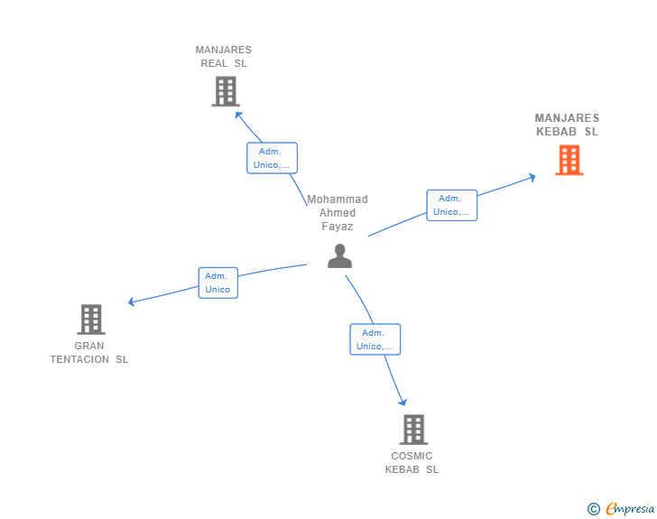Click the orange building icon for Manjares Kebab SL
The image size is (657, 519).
click(x=569, y=160)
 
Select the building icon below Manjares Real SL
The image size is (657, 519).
click(x=225, y=91)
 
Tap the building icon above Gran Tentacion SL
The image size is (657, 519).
click(x=90, y=320)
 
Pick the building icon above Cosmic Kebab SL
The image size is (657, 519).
click(x=412, y=430)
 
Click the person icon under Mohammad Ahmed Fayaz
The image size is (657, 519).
click(x=339, y=256)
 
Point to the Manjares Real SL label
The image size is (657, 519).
click(x=223, y=57)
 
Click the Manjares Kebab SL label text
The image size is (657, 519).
click(x=567, y=125)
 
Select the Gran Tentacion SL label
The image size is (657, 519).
click(x=89, y=352)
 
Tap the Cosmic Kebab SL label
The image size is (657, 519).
click(x=412, y=462)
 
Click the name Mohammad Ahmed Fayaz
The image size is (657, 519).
click(x=338, y=213)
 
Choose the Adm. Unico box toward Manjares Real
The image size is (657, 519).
click(x=272, y=158)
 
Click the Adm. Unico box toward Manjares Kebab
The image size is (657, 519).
click(x=451, y=205)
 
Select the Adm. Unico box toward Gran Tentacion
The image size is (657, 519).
click(x=217, y=283)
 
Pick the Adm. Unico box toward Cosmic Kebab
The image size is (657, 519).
click(x=375, y=339)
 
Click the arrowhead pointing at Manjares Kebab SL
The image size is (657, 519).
click(x=532, y=177)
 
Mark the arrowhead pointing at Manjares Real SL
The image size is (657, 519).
click(x=238, y=114)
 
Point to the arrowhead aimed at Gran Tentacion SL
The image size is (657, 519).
click(x=132, y=301)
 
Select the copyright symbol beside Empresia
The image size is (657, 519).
click(x=593, y=509)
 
